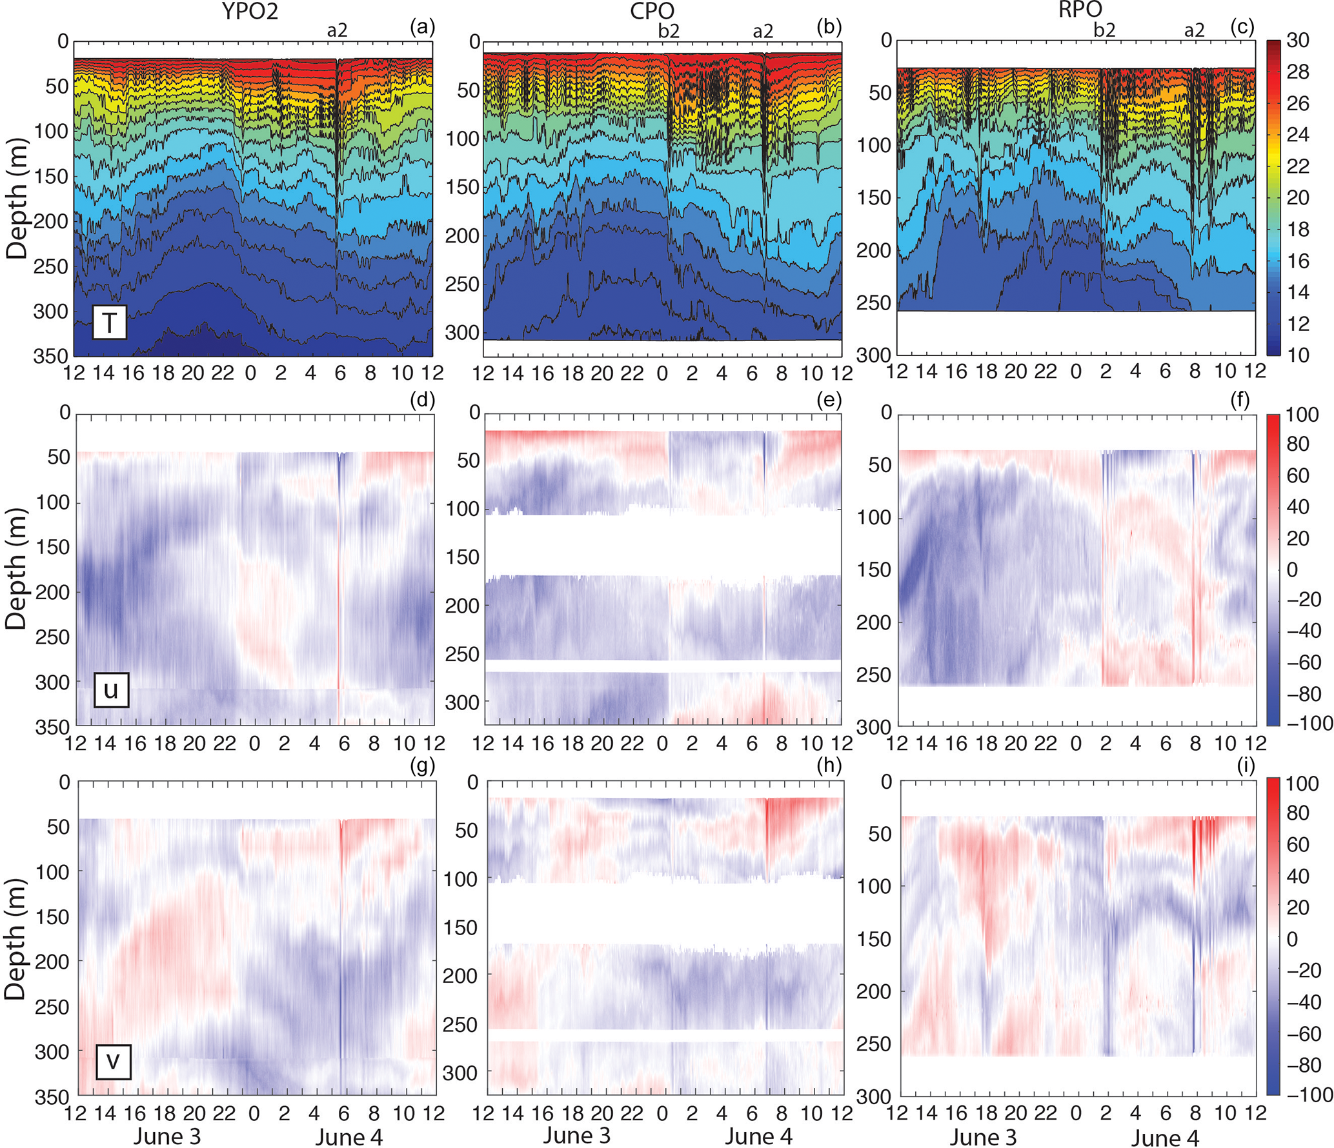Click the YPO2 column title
click(250, 11)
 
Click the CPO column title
click(652, 11)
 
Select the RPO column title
click(1080, 10)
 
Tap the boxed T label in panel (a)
click(109, 322)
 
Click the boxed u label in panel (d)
click(111, 690)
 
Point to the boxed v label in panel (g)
click(113, 1061)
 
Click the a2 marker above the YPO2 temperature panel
click(337, 31)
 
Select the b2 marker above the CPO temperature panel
click(669, 31)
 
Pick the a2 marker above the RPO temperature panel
click(1194, 31)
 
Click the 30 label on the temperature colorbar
click(1297, 41)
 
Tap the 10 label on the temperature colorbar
click(1297, 355)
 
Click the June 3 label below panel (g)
click(167, 1136)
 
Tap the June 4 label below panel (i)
click(1164, 1138)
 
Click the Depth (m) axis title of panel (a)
click(17, 199)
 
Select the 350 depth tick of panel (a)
click(50, 356)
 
